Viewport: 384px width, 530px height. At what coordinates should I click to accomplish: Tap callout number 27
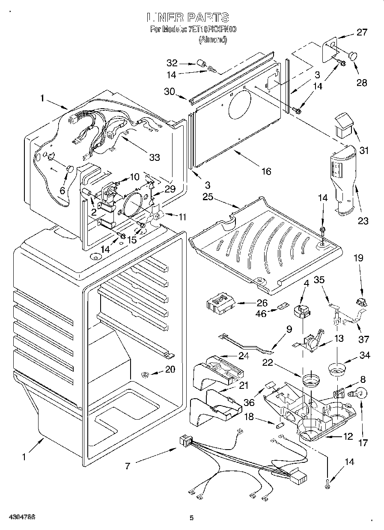362,32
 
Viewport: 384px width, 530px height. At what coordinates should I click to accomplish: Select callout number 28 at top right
362,83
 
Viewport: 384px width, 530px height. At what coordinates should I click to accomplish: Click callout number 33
154,157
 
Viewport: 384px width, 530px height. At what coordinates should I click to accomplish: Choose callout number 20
170,370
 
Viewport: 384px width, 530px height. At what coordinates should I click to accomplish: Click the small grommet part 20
145,376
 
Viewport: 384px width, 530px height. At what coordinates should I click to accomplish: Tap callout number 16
266,171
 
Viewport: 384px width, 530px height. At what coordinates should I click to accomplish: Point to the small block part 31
343,125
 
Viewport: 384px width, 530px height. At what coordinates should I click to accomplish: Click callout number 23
363,221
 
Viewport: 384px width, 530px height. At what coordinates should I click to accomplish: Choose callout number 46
261,314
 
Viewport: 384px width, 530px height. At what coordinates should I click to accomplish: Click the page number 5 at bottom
191,518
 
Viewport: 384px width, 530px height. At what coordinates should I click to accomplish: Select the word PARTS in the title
207,18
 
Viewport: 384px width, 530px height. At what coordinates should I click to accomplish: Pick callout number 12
348,437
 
